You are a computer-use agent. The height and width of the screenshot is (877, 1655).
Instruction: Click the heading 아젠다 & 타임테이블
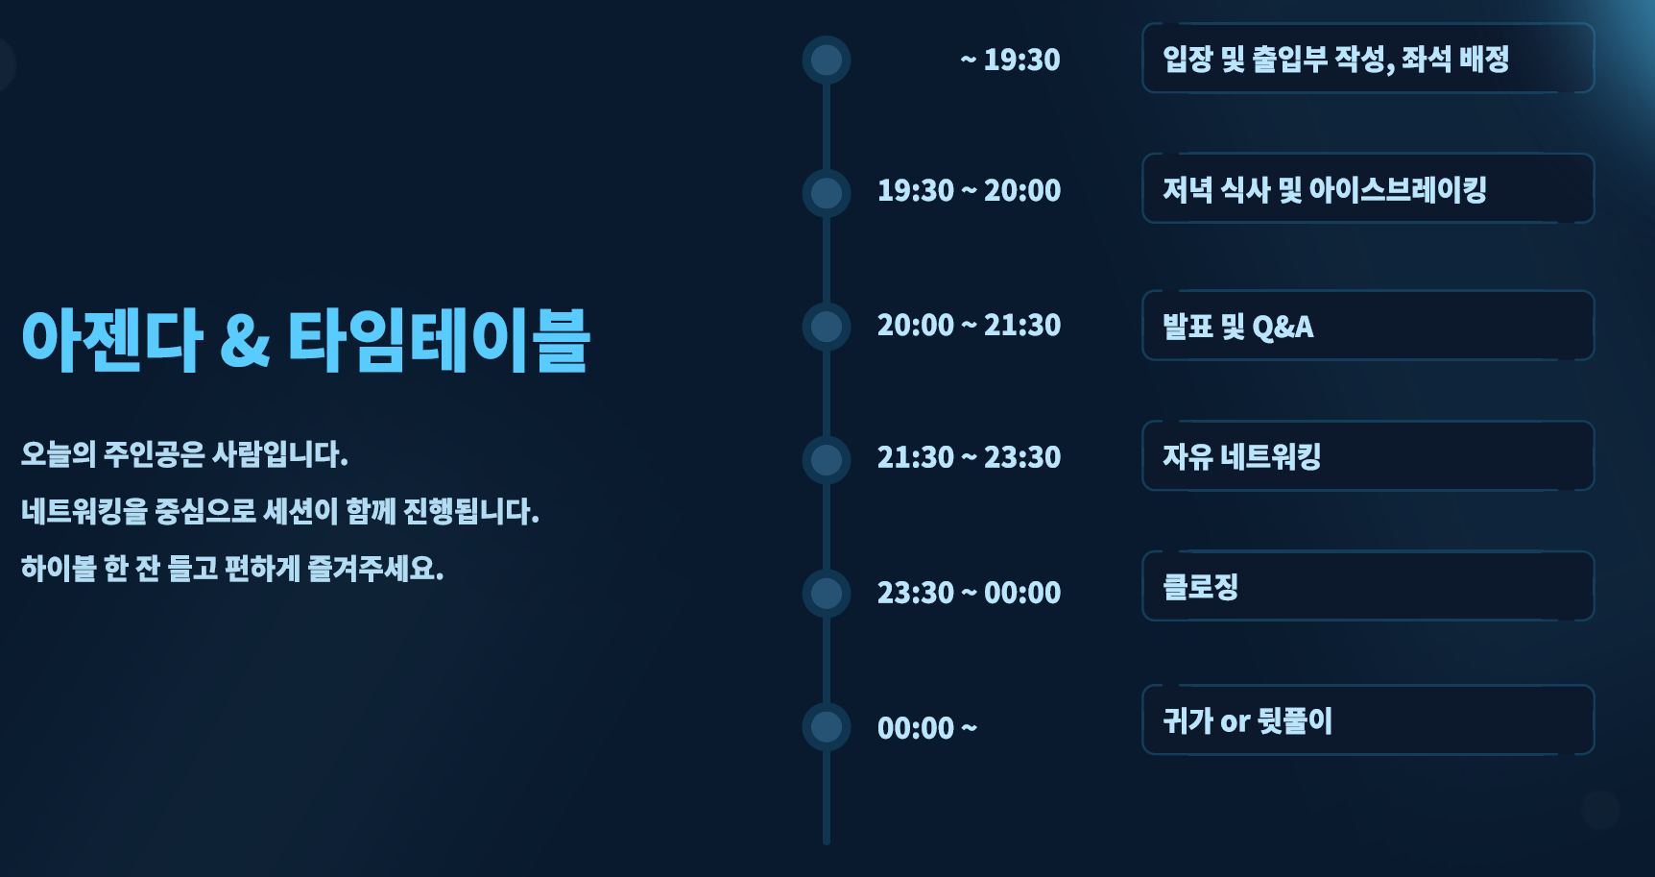click(x=305, y=340)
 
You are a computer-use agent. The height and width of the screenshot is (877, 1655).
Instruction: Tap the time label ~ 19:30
click(x=1010, y=60)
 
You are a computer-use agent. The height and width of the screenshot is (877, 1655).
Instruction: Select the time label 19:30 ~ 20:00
click(x=969, y=190)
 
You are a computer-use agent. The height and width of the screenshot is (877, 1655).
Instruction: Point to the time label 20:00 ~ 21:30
click(x=969, y=325)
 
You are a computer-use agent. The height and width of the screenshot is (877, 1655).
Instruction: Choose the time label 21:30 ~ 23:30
click(x=969, y=456)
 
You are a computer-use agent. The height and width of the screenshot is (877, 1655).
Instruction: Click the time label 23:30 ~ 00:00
click(x=969, y=592)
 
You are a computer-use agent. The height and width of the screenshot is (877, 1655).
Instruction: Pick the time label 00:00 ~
click(x=927, y=727)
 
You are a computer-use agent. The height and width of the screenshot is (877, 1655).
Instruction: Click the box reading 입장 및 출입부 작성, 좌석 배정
click(x=1368, y=58)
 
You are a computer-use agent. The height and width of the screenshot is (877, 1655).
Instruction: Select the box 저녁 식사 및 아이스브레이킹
click(x=1368, y=188)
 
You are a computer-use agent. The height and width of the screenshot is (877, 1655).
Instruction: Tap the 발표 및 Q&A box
click(x=1368, y=326)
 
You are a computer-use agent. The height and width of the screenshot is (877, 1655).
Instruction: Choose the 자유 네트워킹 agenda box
click(x=1368, y=455)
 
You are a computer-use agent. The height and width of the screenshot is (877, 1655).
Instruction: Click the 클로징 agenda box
click(x=1368, y=586)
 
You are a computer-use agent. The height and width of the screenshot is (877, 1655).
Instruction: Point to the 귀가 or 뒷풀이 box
click(x=1368, y=719)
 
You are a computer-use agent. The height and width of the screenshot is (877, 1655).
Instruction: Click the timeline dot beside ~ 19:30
click(x=827, y=60)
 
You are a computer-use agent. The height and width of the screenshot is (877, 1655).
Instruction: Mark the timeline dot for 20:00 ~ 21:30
click(x=827, y=327)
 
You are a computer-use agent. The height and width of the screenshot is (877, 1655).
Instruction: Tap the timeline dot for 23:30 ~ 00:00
click(x=827, y=593)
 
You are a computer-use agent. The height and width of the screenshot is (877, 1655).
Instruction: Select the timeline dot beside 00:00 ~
click(x=827, y=726)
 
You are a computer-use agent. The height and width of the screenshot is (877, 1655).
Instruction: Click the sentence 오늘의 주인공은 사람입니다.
click(x=184, y=453)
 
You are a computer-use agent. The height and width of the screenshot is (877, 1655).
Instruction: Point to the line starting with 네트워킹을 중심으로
click(x=280, y=511)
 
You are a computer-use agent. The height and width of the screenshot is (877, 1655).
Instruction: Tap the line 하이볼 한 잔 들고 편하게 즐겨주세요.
click(x=232, y=568)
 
